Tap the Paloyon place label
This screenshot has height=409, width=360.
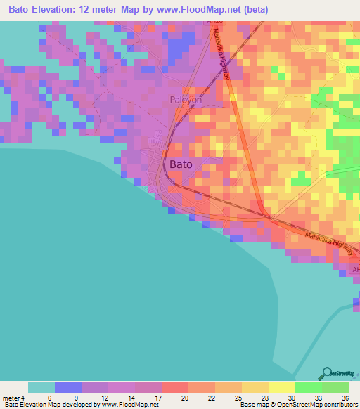pyautogui.click(x=186, y=100)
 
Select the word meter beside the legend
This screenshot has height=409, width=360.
pyautogui.click(x=12, y=398)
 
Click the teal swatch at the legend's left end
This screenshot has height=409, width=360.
pyautogui.click(x=41, y=387)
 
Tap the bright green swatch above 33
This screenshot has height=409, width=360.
pyautogui.click(x=308, y=387)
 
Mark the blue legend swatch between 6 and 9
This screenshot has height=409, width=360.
pyautogui.click(x=68, y=387)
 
